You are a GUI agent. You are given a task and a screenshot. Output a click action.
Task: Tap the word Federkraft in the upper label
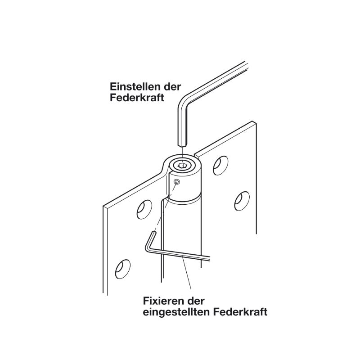[137, 98]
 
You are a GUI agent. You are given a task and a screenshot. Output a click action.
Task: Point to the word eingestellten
[176, 312]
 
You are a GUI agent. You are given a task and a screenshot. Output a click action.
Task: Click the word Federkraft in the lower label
[240, 312]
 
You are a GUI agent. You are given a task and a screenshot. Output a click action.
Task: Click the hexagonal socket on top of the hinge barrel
[182, 165]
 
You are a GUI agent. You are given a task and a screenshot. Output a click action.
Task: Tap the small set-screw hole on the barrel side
[177, 182]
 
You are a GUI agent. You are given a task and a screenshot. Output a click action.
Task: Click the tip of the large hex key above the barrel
[182, 145]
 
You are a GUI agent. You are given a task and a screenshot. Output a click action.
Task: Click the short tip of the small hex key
[153, 233]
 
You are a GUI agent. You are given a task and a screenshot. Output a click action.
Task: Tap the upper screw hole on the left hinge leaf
[144, 210]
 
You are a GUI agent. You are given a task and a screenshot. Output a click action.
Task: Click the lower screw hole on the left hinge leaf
[123, 269]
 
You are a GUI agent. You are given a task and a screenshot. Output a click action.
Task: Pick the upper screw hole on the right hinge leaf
[220, 166]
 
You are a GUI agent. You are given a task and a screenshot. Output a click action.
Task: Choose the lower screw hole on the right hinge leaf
[242, 201]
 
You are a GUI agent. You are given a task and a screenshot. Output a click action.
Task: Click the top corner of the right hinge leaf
[253, 121]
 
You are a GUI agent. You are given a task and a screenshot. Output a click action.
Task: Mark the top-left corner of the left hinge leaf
[103, 206]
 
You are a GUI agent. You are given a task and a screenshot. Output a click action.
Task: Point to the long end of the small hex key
[209, 258]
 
